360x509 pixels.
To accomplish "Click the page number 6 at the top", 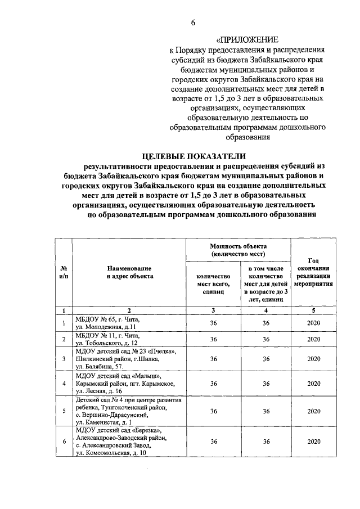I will click(x=193, y=22).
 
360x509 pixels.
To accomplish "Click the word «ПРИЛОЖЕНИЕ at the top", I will click(x=248, y=40).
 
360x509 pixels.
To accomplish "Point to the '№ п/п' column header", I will click(x=64, y=272).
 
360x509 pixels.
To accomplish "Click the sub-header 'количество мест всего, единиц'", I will click(x=213, y=285).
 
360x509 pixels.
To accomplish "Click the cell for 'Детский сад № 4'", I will click(x=123, y=411).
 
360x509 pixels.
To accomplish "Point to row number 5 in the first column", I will click(x=64, y=411).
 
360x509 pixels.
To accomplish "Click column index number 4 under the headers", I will click(x=265, y=310).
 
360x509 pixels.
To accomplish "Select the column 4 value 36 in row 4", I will click(x=265, y=384).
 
